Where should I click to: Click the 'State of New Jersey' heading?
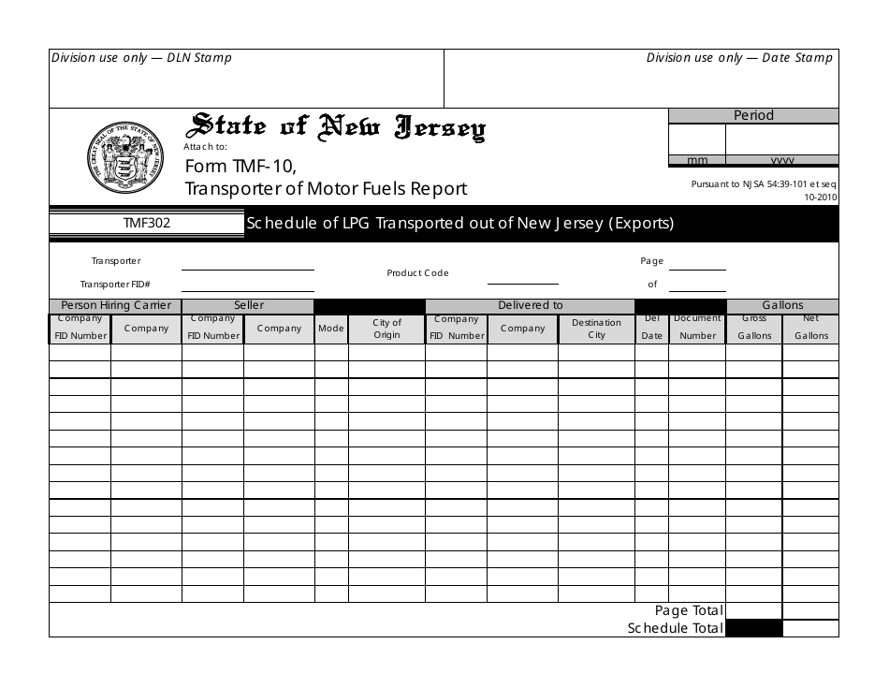338,128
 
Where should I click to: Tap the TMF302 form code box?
146,224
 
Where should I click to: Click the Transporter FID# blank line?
247,286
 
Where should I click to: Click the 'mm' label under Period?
697,160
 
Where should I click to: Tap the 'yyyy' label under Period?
781,160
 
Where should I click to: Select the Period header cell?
753,115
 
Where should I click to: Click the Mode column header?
331,329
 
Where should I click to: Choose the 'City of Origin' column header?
386,329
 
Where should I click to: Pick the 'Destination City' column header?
596,329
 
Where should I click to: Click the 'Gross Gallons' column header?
754,328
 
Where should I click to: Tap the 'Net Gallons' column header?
810,328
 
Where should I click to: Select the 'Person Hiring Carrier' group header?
115,305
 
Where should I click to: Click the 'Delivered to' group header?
530,305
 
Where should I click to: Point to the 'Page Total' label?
689,610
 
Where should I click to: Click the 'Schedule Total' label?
675,628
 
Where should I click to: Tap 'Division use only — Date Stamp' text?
738,58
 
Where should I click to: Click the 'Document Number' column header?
697,328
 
